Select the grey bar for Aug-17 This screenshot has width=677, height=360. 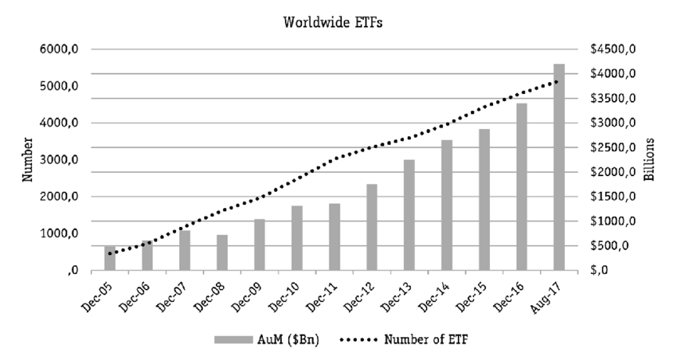pyautogui.click(x=559, y=167)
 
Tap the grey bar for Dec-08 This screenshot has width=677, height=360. pyautogui.click(x=222, y=252)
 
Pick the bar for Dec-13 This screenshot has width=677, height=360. pyautogui.click(x=409, y=215)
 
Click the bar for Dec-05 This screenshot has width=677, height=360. pyautogui.click(x=110, y=258)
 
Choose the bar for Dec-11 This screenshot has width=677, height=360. pyautogui.click(x=335, y=237)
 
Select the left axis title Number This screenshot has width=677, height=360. pyautogui.click(x=27, y=159)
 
